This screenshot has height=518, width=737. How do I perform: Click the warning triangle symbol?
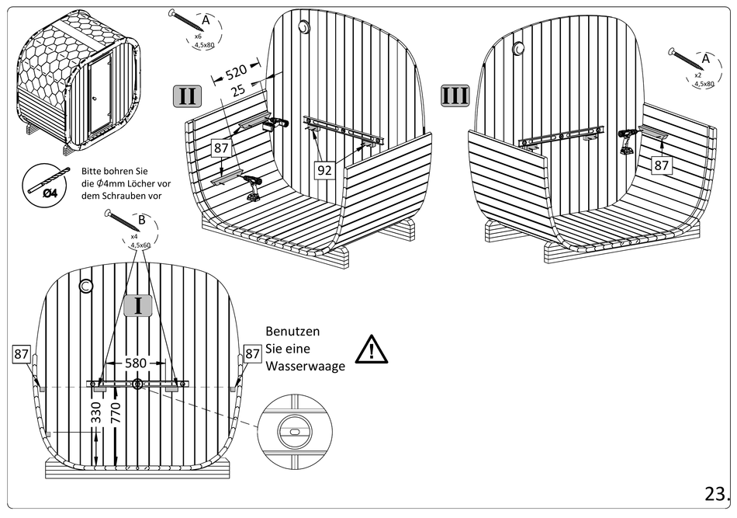coord(372,350)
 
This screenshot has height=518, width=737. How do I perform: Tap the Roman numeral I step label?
coord(138,304)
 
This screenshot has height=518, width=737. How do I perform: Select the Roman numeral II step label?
coord(187,96)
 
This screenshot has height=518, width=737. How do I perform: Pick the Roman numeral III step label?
coord(455,96)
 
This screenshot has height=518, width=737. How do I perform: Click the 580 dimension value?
coord(137,363)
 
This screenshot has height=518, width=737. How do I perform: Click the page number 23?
coord(716,494)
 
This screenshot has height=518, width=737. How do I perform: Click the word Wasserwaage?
coord(305,367)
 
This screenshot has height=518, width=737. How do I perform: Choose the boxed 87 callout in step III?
coord(661,165)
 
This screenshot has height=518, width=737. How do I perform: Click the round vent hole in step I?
coord(85,287)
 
